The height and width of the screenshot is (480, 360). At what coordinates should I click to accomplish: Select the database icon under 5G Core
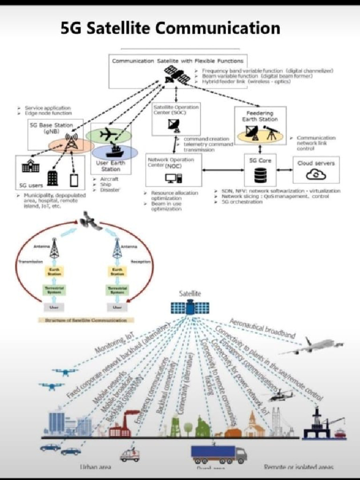pos(260,175)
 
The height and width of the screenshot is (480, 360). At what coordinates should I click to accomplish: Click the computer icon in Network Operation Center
pos(173,178)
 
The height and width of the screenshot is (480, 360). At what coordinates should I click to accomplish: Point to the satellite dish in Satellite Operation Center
pos(174,125)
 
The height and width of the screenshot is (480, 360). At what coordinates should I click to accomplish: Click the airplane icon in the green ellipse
pos(108,134)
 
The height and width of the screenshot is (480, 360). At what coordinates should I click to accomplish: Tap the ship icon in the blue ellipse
pos(114,151)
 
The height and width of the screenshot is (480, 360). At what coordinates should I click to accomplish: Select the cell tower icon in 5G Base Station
pos(71,141)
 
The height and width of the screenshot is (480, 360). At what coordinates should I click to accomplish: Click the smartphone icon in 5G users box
pos(74,180)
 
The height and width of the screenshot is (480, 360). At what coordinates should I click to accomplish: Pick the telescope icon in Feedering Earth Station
pos(271,132)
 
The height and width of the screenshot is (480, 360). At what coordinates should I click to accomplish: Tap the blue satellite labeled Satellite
pos(190,308)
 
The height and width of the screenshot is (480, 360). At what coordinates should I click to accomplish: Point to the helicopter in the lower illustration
pos(281,395)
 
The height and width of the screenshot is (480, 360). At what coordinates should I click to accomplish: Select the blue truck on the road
pos(218,453)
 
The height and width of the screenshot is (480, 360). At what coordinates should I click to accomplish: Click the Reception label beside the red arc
pos(140,262)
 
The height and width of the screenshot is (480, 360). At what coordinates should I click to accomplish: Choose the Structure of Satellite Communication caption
pos(86,320)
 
